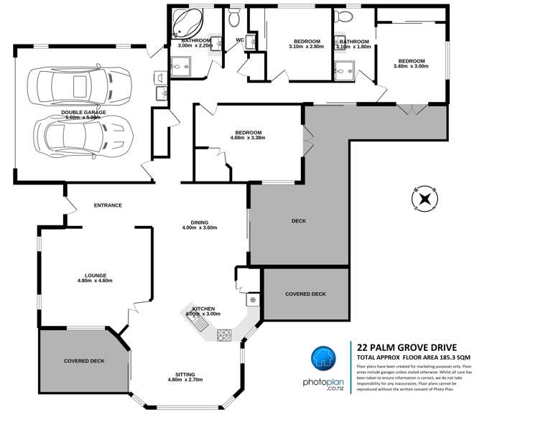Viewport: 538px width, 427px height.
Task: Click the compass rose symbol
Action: (424, 198)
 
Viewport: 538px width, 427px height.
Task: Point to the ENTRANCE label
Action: (108, 205)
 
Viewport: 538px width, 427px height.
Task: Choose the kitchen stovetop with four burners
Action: (224, 334)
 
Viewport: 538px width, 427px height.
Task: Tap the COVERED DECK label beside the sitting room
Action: (84, 360)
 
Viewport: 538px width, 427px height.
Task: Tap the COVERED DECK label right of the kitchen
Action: (305, 294)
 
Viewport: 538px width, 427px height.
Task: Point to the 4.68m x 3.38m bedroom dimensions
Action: (248, 138)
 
